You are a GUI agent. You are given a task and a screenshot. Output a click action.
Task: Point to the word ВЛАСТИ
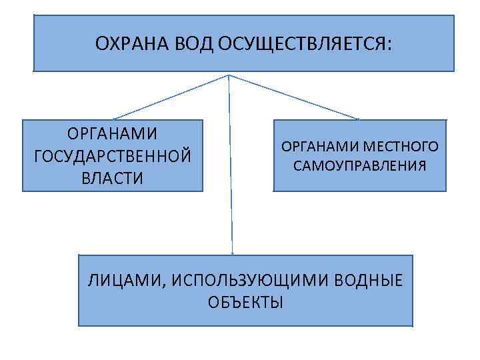(x=112, y=178)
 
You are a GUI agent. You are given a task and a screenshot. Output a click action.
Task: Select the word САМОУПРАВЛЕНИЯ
(x=359, y=165)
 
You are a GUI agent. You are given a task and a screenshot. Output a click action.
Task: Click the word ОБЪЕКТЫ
(x=245, y=302)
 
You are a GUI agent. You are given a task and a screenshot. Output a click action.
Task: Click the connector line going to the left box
(x=170, y=97)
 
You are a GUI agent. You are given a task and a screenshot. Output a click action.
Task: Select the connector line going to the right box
(x=293, y=97)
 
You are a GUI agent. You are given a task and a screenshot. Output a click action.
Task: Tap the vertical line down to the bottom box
(x=231, y=167)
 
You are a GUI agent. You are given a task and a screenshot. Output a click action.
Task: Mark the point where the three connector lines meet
(x=229, y=74)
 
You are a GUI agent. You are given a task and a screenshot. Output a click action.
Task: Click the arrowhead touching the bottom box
(x=232, y=252)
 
